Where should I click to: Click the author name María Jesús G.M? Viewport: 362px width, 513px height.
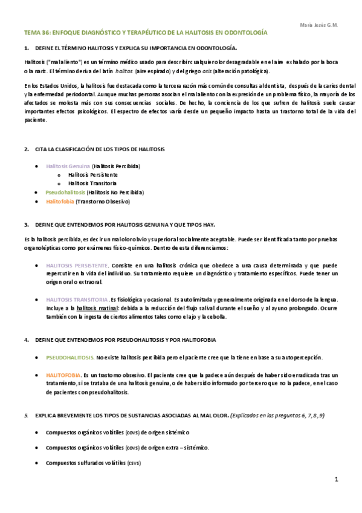coord(318,25)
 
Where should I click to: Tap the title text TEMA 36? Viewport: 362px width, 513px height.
coord(37,33)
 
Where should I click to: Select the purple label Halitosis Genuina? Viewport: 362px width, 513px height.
coord(68,166)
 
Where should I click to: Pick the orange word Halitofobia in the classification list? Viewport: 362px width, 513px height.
coord(60,201)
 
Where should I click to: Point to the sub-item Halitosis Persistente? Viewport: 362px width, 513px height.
coord(92,174)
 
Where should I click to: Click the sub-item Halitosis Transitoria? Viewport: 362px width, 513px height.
coord(92,183)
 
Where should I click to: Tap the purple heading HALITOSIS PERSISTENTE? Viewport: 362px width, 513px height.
coord(77,266)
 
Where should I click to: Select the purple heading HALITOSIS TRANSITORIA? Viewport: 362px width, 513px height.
coord(77,299)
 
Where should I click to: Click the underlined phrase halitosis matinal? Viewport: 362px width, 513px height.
coord(97,308)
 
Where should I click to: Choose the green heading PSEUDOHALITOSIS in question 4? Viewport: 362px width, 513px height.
coord(69,358)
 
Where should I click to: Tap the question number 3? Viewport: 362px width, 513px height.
coord(27,224)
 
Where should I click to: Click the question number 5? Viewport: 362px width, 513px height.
coord(27,416)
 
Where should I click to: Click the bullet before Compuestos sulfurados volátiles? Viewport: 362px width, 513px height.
coord(37,463)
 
